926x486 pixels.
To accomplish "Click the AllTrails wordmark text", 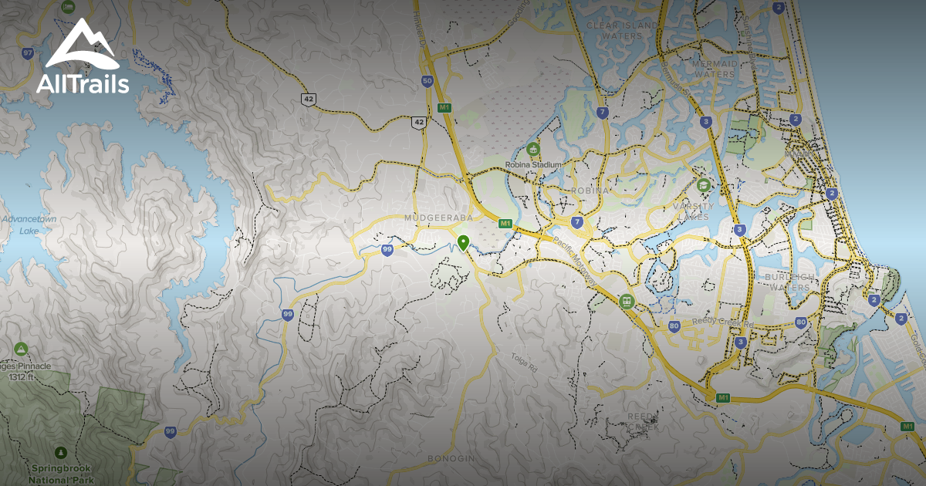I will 83,84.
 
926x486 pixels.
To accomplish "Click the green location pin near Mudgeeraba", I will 463,243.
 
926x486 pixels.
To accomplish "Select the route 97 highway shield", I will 29,53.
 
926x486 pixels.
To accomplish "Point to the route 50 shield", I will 428,80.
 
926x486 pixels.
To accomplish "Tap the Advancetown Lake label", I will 29,224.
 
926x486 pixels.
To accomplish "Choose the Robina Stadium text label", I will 532,164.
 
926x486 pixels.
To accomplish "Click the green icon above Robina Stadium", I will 532,148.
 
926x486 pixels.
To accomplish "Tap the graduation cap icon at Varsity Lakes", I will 704,185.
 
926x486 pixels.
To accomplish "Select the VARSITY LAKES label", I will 691,211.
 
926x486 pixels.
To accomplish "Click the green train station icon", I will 626,301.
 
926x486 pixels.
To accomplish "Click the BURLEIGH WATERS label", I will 787,282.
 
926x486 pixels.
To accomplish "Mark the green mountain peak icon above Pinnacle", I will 22,349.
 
